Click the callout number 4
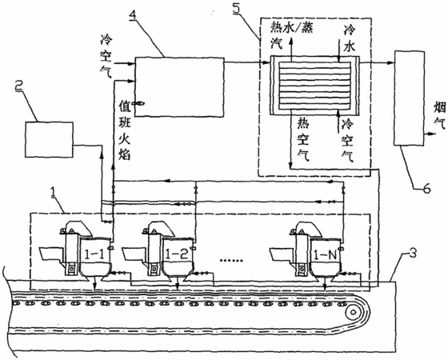click(x=132, y=16)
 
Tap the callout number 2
click(x=20, y=86)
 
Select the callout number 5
click(x=237, y=8)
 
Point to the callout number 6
click(x=426, y=189)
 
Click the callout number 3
click(x=413, y=253)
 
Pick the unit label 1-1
click(x=95, y=254)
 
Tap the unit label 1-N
click(x=325, y=254)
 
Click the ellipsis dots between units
click(x=231, y=260)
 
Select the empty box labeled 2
click(x=49, y=139)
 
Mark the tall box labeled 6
click(x=409, y=98)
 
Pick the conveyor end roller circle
click(x=353, y=312)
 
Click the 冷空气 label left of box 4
click(x=106, y=56)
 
